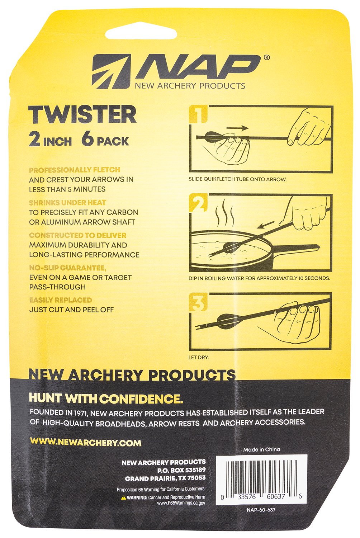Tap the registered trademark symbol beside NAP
pyautogui.click(x=266, y=57)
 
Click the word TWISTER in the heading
pyautogui.click(x=82, y=115)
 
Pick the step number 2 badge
pyautogui.click(x=198, y=203)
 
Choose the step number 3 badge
pyautogui.click(x=198, y=302)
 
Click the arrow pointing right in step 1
pyautogui.click(x=238, y=128)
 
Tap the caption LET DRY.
pyautogui.click(x=198, y=357)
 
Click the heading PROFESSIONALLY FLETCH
pyautogui.click(x=75, y=170)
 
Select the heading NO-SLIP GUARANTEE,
pyautogui.click(x=68, y=268)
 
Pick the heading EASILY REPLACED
pyautogui.click(x=61, y=300)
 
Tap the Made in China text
pyautogui.click(x=262, y=449)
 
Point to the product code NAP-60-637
pyautogui.click(x=261, y=509)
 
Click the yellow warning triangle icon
pyautogui.click(x=124, y=497)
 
